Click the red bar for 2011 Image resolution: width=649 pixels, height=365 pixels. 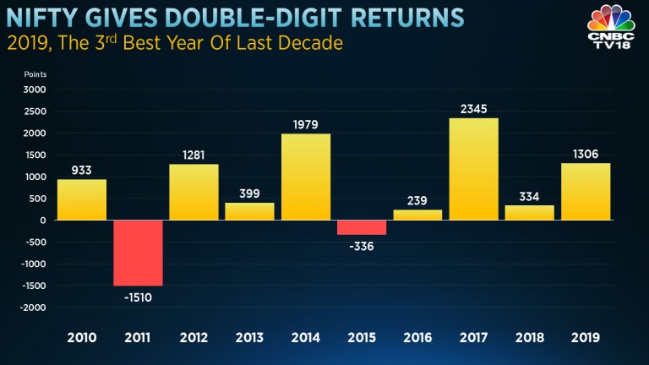(138, 253)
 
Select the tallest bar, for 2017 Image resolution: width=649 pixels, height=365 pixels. (473, 169)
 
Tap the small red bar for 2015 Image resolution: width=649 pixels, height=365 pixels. (362, 227)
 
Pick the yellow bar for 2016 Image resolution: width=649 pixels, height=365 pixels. (417, 215)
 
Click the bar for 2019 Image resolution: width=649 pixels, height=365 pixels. (585, 191)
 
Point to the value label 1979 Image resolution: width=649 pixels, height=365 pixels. (306, 125)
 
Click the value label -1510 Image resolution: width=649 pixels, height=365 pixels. (138, 297)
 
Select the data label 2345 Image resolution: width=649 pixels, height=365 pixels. (473, 109)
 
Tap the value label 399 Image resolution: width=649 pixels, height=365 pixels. (250, 194)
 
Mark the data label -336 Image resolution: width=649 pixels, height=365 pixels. (362, 246)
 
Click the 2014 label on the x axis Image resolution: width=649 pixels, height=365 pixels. (306, 338)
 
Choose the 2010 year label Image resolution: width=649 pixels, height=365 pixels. (82, 338)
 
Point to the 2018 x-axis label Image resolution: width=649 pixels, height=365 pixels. (529, 338)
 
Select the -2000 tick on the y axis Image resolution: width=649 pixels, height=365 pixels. (34, 308)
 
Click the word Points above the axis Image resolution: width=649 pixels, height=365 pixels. (35, 74)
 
